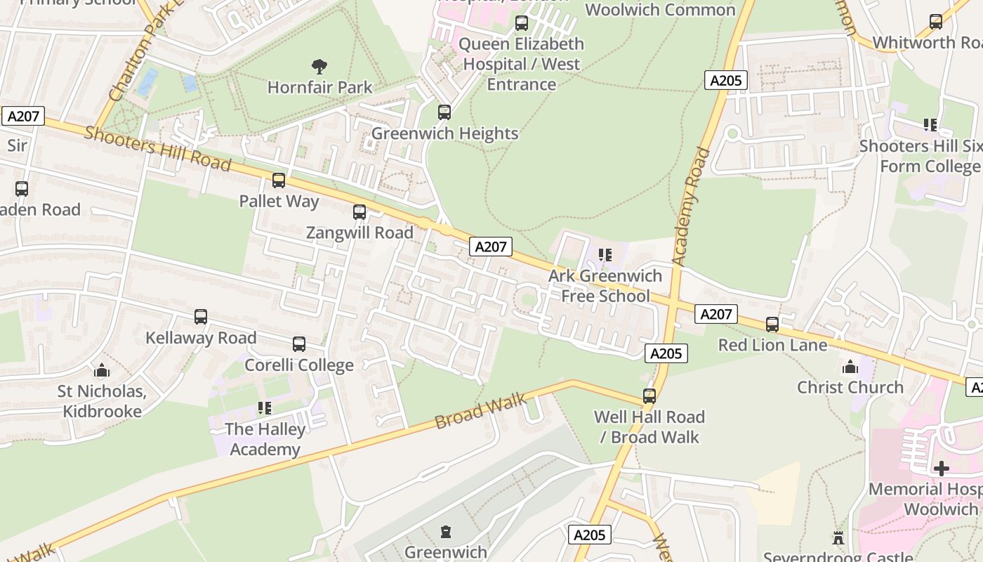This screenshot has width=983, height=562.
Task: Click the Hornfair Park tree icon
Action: coord(319,67)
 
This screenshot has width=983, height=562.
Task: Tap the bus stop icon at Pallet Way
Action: coord(279,181)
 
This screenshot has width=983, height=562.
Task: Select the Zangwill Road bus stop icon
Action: coord(359,211)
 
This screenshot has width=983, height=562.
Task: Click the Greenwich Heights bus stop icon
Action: coord(444,112)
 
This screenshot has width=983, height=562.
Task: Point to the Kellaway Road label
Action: coord(201,338)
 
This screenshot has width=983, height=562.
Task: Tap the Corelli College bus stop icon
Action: coord(299,344)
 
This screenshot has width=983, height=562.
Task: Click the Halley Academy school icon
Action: coord(265,408)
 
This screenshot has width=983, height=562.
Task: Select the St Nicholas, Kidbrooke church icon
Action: coord(102,370)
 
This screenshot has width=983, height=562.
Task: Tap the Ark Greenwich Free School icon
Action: coord(605,255)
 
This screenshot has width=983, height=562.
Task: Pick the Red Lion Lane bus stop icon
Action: coord(772,325)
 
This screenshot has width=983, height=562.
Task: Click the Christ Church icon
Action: coord(850,367)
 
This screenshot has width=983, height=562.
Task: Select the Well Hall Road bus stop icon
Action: coord(649,396)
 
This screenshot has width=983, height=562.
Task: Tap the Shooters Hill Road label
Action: coord(157,148)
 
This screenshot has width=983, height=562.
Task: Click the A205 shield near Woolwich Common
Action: coord(725,80)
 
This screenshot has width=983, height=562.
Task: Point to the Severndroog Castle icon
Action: coord(838,538)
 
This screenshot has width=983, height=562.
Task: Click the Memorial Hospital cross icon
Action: coord(941,468)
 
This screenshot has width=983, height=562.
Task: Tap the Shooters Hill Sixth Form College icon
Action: coord(930,125)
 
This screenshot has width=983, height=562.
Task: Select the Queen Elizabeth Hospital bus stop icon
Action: coord(522,23)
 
